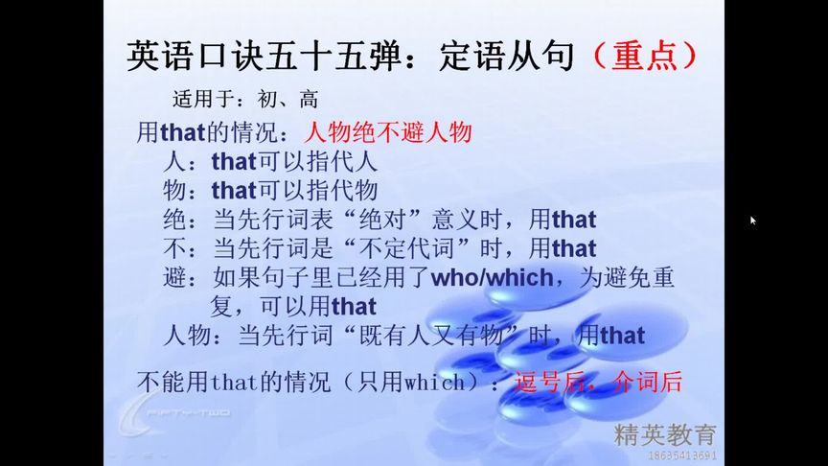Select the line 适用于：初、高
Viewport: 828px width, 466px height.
[244, 99]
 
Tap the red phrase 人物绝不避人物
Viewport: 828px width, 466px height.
[388, 131]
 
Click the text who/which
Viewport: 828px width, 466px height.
[492, 278]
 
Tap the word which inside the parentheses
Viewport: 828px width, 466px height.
[432, 382]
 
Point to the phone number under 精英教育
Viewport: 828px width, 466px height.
[682, 454]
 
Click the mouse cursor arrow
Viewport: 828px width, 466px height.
[753, 221]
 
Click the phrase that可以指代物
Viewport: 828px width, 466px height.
[294, 190]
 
